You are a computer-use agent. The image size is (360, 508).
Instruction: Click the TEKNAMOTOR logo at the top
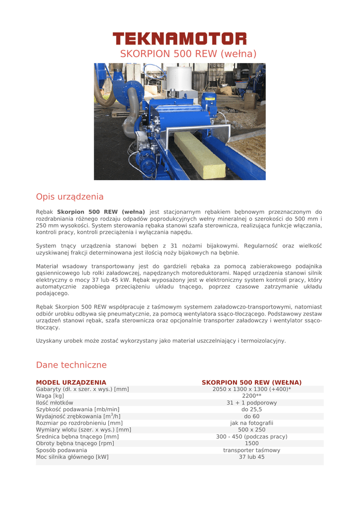[x=179, y=38]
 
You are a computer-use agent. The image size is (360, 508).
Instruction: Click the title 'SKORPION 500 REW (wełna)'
[x=188, y=54]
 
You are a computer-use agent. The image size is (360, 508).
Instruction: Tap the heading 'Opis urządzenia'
[x=70, y=196]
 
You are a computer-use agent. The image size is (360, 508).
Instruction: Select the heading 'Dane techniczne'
[x=71, y=365]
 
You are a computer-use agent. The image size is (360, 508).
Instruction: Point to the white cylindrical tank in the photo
[x=178, y=80]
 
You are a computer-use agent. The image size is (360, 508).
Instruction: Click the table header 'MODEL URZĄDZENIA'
[x=71, y=382]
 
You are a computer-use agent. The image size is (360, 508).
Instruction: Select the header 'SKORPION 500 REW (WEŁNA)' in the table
[x=251, y=382]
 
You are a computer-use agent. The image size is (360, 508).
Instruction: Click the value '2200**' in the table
[x=252, y=396]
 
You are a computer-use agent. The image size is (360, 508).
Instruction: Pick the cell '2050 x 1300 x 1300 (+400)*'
[x=252, y=389]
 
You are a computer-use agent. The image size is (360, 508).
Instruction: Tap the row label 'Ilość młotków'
[x=55, y=403]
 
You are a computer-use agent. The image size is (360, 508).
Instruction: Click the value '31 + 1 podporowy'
[x=252, y=403]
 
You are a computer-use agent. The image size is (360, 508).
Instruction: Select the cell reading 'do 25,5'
[x=252, y=409]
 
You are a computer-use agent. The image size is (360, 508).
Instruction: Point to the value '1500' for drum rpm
[x=252, y=444]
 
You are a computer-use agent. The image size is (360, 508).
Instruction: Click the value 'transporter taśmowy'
[x=252, y=450]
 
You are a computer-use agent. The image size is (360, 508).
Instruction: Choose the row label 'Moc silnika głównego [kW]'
[x=72, y=457]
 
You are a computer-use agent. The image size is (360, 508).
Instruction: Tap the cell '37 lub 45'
[x=252, y=457]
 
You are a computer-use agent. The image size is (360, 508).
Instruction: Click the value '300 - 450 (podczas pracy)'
[x=252, y=437]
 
